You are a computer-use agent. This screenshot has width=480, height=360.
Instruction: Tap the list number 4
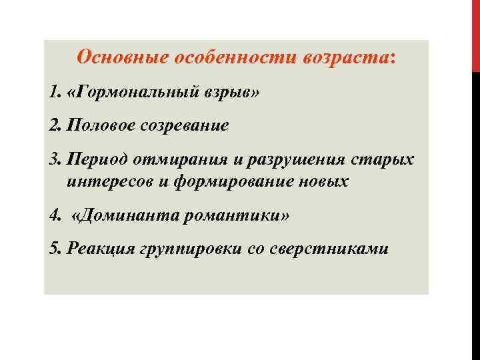[x=53, y=216]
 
